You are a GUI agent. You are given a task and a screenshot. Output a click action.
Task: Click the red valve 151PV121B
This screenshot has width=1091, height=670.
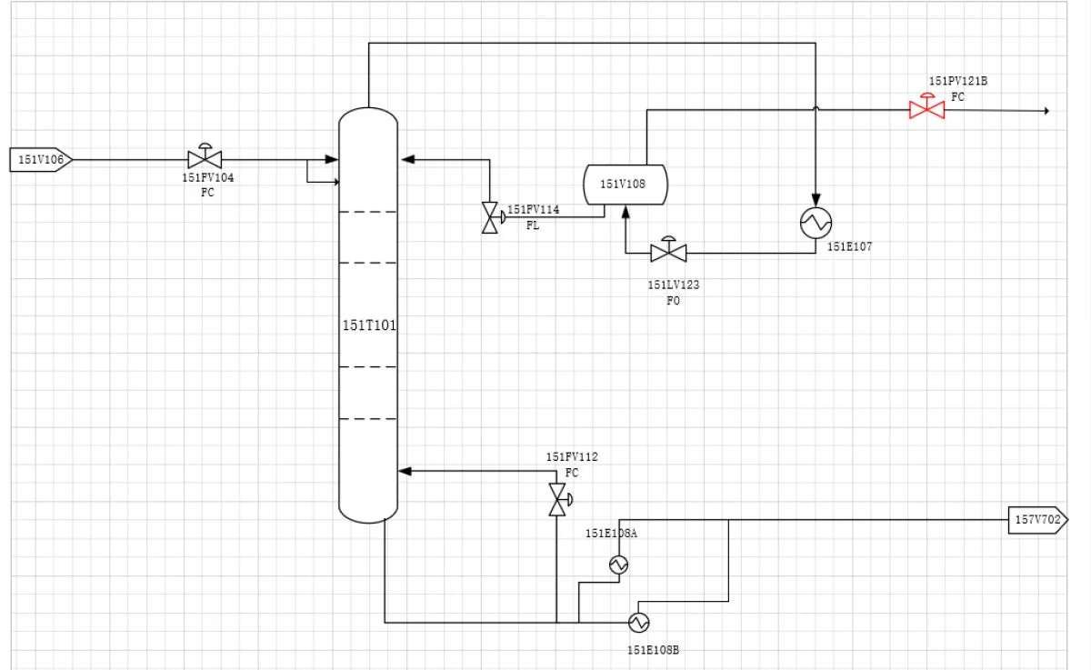926,107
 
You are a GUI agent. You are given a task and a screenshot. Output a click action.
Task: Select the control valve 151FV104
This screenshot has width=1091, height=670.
205,156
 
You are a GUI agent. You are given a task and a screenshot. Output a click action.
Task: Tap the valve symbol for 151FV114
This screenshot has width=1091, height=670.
492,217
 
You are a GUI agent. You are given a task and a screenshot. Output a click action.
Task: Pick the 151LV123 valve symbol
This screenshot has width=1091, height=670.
669,250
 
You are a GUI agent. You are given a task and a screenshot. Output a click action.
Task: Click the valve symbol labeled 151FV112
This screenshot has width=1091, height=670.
559,500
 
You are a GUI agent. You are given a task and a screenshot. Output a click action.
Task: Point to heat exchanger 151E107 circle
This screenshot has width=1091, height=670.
816,223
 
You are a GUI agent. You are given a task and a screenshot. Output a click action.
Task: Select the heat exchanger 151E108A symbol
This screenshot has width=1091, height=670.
618,565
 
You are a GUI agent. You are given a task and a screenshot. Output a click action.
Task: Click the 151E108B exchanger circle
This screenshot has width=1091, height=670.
638,623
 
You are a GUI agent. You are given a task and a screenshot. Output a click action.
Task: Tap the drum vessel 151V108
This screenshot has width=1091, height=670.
626,185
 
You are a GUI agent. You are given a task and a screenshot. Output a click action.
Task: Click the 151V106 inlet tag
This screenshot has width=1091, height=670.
42,160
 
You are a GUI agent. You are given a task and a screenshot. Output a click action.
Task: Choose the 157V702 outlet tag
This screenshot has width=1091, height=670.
1038,520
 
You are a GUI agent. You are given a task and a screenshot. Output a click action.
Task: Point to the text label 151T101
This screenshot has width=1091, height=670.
369,325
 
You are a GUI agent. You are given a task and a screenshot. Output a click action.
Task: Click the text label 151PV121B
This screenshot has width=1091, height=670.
958,81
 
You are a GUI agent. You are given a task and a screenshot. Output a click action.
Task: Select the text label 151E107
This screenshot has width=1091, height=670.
849,247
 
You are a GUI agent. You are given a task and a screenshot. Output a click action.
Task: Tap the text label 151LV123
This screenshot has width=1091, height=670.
673,285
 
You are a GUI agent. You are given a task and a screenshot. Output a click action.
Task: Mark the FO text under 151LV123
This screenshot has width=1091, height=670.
673,301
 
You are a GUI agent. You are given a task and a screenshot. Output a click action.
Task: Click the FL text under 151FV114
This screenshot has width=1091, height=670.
533,225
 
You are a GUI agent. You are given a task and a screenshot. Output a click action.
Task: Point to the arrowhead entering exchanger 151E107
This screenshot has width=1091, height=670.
816,200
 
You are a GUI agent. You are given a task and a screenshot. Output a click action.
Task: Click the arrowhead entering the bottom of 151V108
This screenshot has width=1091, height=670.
626,211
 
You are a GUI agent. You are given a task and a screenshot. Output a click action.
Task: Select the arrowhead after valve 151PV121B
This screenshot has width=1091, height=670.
1046,111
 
